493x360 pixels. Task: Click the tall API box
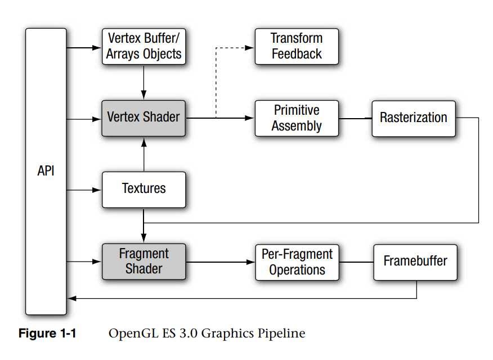point(46,171)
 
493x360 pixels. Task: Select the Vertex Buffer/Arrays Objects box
point(144,46)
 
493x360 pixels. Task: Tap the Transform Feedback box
point(297,46)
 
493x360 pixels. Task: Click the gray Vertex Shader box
point(144,118)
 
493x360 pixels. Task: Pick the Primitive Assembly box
point(297,118)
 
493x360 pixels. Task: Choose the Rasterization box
point(413,118)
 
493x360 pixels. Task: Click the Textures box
point(144,189)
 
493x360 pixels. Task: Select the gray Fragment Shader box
point(144,262)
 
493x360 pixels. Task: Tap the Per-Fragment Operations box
point(297,262)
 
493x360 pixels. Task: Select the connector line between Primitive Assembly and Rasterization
point(355,118)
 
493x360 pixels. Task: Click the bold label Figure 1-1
point(47,334)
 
